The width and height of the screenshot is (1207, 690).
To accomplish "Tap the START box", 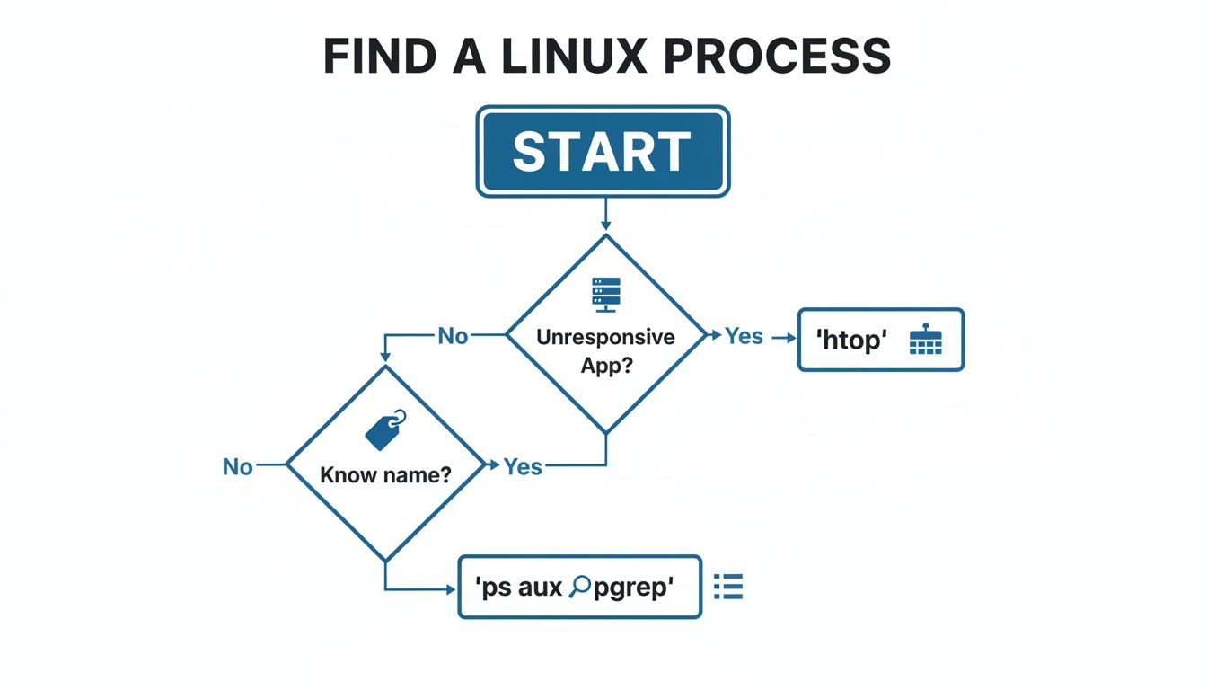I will click(x=603, y=151).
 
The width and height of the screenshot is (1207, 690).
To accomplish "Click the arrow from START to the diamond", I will click(x=605, y=215).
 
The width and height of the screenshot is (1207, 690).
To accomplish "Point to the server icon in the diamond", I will click(x=606, y=295).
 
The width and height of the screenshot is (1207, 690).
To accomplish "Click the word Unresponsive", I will click(x=605, y=338).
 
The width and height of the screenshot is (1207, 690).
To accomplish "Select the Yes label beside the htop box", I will click(x=744, y=336).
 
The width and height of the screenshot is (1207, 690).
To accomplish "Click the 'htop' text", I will click(x=850, y=341).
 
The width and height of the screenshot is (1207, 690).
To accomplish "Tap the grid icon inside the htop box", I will click(x=925, y=341).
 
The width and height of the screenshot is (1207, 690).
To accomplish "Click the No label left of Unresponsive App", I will click(x=453, y=336).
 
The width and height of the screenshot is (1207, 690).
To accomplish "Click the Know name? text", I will click(x=385, y=474).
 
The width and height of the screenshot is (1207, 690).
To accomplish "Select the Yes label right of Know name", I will click(x=523, y=466).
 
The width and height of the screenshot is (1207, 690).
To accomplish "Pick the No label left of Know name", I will click(x=238, y=466).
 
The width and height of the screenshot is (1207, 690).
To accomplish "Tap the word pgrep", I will click(x=634, y=588).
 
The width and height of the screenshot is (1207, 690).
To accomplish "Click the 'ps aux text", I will click(x=518, y=588).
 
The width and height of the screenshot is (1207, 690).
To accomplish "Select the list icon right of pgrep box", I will click(x=728, y=587).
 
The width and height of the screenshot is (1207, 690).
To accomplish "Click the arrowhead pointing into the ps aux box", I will click(x=451, y=589).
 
